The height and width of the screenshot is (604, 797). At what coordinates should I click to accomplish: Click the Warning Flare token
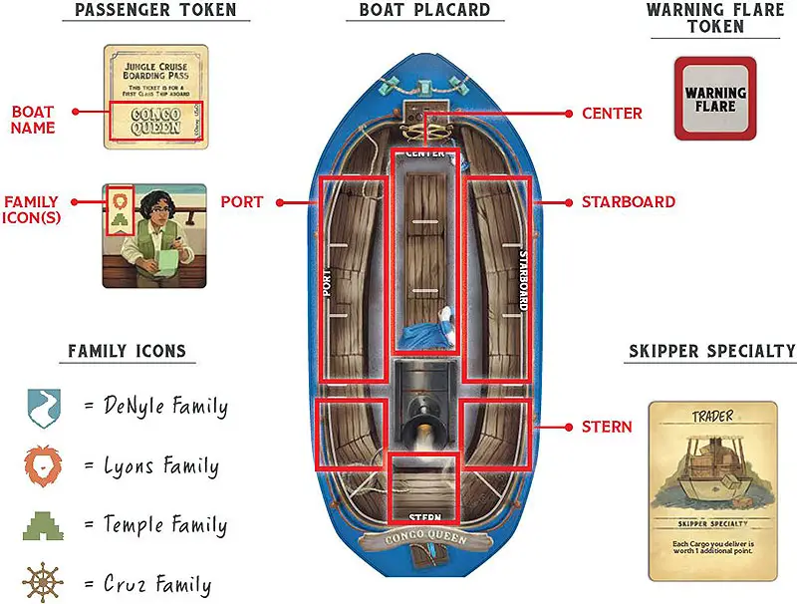pos(715,98)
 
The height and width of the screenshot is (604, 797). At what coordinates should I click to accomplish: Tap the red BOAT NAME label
pos(33,121)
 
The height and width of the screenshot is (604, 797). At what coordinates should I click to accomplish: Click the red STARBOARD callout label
pos(628,201)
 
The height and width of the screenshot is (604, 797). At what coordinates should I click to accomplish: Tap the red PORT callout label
pos(241,201)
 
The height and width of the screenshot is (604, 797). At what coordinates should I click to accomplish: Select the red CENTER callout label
pos(612,114)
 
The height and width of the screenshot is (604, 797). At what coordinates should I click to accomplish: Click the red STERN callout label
pos(607,427)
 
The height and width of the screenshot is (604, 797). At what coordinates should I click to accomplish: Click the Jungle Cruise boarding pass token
pos(155,96)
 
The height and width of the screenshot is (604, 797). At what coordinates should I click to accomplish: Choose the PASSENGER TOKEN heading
pos(154,11)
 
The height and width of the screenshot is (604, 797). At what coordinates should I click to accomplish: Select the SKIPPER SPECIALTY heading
pos(712,351)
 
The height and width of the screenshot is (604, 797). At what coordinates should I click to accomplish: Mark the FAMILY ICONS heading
pos(127,351)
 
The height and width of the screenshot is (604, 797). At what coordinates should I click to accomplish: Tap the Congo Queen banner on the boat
pos(424,541)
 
